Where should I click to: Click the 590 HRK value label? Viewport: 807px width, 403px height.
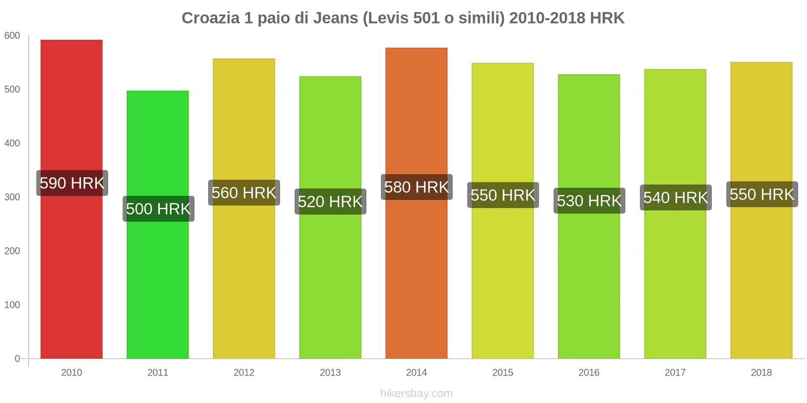pyautogui.click(x=72, y=183)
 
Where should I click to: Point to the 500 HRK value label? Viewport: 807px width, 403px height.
pyautogui.click(x=158, y=209)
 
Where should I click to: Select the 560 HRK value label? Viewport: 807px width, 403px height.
pyautogui.click(x=244, y=192)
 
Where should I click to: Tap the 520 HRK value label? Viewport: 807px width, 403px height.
pyautogui.click(x=330, y=201)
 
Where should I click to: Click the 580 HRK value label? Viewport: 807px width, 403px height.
pyautogui.click(x=417, y=187)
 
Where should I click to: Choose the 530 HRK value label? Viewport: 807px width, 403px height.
pyautogui.click(x=589, y=200)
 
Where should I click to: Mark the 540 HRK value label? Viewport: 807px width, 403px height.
pyautogui.click(x=675, y=197)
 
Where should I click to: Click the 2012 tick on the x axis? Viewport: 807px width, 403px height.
pyautogui.click(x=244, y=372)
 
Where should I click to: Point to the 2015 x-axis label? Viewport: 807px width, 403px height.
pyautogui.click(x=503, y=372)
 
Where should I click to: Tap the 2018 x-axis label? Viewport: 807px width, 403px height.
pyautogui.click(x=761, y=372)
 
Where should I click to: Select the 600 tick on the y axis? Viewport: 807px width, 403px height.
pyautogui.click(x=12, y=35)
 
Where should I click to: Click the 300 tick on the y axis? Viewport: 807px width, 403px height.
pyautogui.click(x=12, y=197)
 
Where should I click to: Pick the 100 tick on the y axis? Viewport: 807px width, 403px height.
pyautogui.click(x=12, y=305)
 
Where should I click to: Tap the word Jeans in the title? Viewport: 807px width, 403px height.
pyautogui.click(x=335, y=18)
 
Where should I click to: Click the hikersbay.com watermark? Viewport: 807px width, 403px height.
pyautogui.click(x=417, y=393)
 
